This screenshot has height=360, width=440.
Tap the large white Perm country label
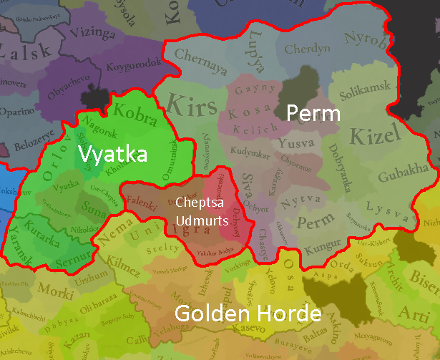pyautogui.click(x=313, y=113)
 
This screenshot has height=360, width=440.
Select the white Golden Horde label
pyautogui.click(x=248, y=313)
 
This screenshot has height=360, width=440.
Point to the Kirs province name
pyautogui.click(x=191, y=106)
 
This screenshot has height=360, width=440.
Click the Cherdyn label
pyautogui.click(x=308, y=49)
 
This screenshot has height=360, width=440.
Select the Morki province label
pyautogui.click(x=56, y=292)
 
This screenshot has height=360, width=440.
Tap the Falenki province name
pyautogui.click(x=143, y=203)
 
